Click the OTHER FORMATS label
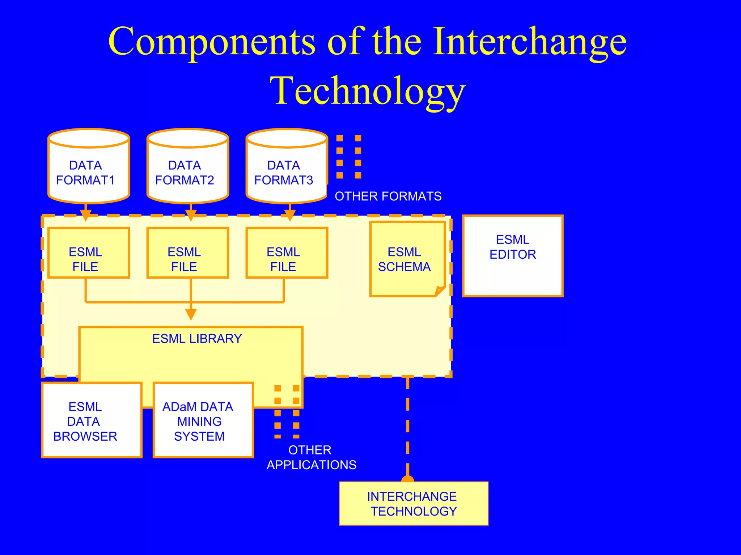click(x=388, y=196)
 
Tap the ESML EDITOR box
click(x=513, y=256)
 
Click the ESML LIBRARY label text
click(x=197, y=339)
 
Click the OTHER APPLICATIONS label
click(x=312, y=457)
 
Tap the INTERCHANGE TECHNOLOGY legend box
click(x=414, y=503)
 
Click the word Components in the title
click(x=211, y=42)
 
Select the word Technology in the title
click(x=367, y=91)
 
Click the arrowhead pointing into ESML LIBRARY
click(x=191, y=314)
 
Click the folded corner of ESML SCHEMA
click(x=440, y=291)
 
